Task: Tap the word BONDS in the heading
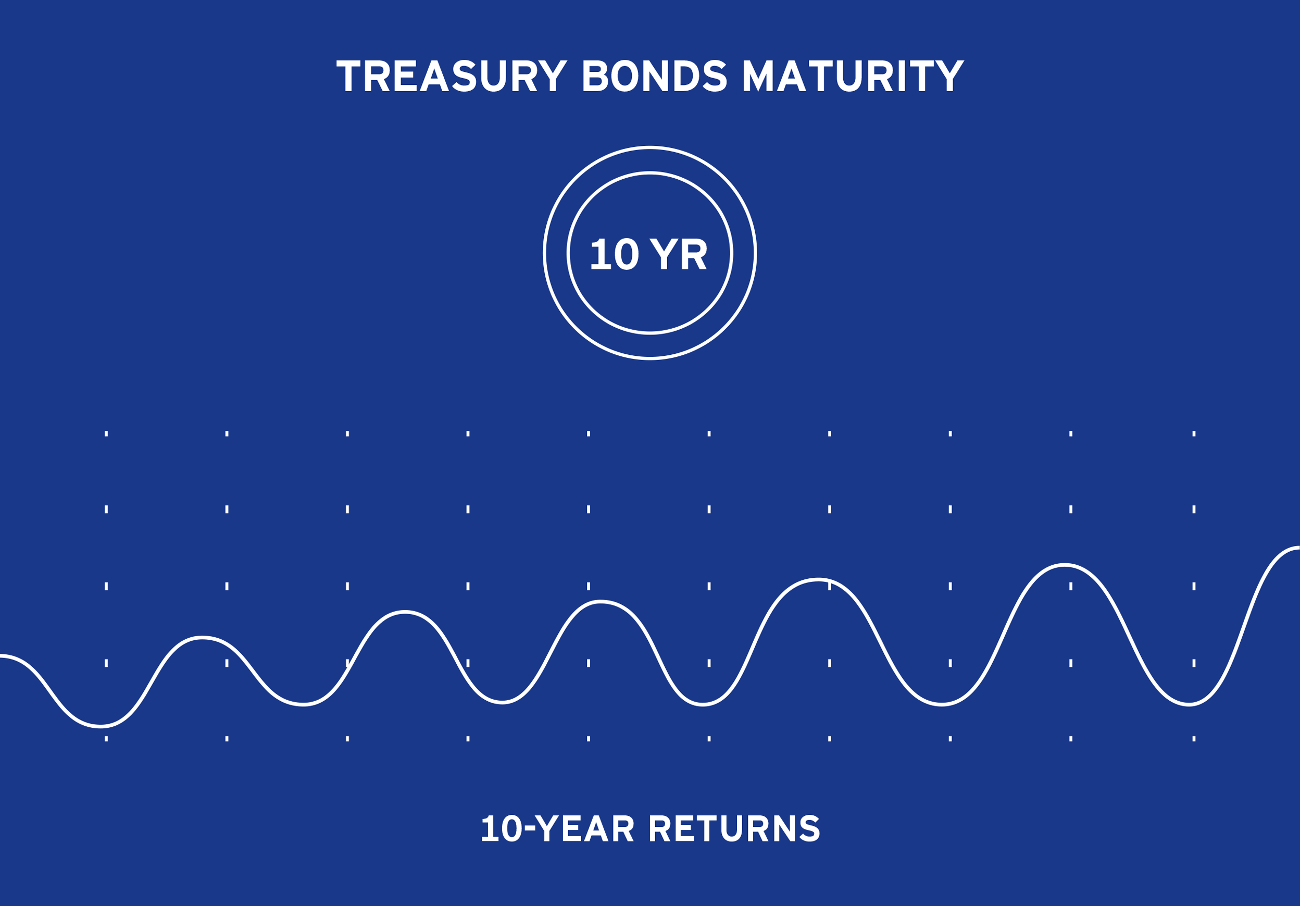(x=655, y=76)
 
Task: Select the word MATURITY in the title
(x=853, y=76)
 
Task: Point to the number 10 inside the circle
(x=615, y=255)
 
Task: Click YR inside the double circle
(x=678, y=255)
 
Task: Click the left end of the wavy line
(x=1, y=656)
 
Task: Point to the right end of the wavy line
(x=1298, y=548)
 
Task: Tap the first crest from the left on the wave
(x=202, y=638)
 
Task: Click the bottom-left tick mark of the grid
(x=106, y=738)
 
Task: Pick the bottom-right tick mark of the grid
(x=1194, y=738)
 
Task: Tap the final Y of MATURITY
(x=949, y=76)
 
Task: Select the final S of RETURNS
(x=810, y=829)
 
